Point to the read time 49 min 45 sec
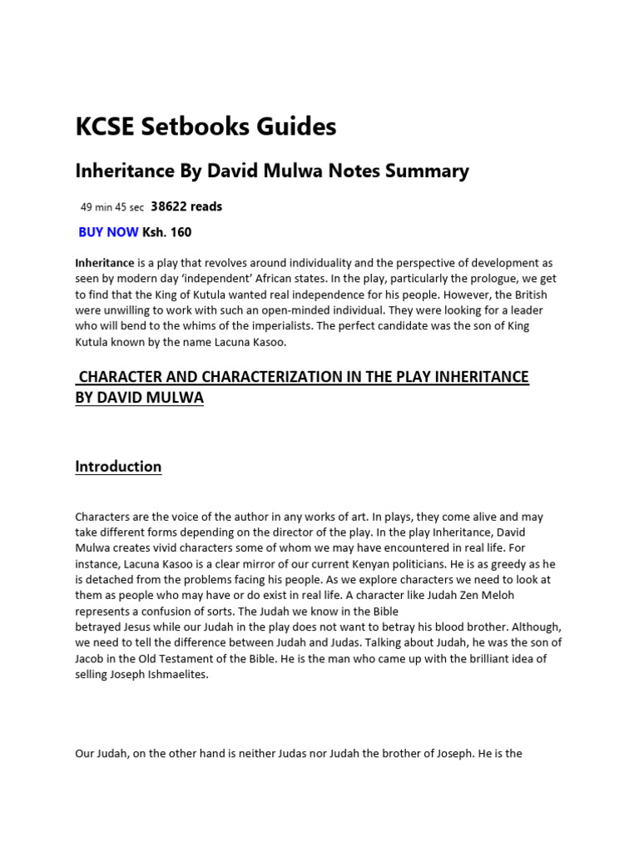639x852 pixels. pyautogui.click(x=111, y=207)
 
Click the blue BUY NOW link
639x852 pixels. pyautogui.click(x=109, y=232)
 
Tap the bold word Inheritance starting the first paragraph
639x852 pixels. pyautogui.click(x=105, y=263)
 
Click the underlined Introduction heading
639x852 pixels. pyautogui.click(x=118, y=467)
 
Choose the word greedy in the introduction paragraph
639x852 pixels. pyautogui.click(x=511, y=564)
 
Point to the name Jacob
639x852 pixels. pyautogui.click(x=92, y=659)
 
